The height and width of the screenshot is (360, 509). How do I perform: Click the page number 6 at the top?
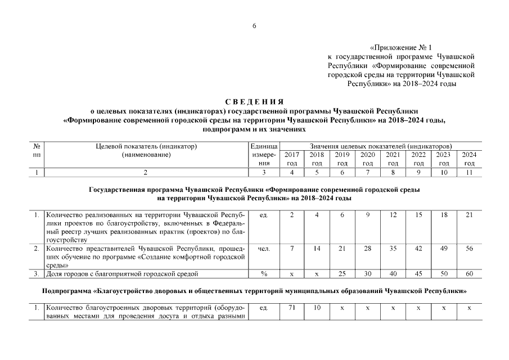click(254, 26)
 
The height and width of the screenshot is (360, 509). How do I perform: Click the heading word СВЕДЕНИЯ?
click(254, 102)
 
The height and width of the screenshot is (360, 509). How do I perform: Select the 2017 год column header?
click(292, 159)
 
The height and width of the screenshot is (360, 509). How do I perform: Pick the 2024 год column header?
click(469, 159)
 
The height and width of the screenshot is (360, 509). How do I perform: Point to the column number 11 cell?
click(469, 172)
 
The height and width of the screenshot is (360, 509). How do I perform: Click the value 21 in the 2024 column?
click(469, 215)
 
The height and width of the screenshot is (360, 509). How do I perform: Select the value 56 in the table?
click(469, 248)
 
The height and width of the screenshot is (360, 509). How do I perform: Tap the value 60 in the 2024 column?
click(469, 274)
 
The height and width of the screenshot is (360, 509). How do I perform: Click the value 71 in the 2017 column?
click(292, 308)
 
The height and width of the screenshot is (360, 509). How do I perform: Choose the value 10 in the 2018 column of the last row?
click(317, 308)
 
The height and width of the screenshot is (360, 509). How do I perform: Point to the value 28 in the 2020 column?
click(367, 248)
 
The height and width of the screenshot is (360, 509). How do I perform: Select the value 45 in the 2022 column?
click(418, 274)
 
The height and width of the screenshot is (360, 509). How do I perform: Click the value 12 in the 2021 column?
click(393, 215)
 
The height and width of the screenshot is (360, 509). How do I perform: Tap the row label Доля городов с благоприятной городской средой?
click(121, 274)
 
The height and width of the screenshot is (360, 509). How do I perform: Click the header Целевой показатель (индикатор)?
click(146, 146)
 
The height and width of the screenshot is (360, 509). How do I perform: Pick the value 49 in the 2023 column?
click(444, 248)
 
